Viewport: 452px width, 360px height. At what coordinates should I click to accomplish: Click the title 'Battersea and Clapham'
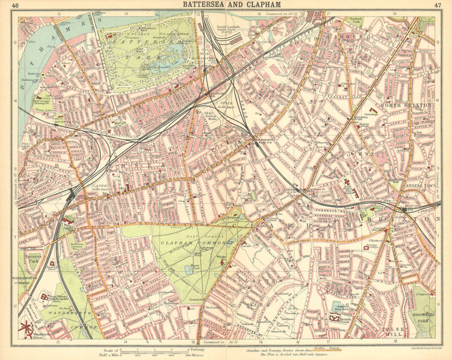[x=231, y=5]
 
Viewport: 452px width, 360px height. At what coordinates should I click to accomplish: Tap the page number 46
[x=15, y=5]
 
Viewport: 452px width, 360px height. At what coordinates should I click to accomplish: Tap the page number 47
[x=437, y=5]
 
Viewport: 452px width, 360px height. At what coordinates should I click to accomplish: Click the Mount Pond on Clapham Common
[x=189, y=270]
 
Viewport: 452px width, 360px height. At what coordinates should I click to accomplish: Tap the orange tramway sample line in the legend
[x=332, y=350]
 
